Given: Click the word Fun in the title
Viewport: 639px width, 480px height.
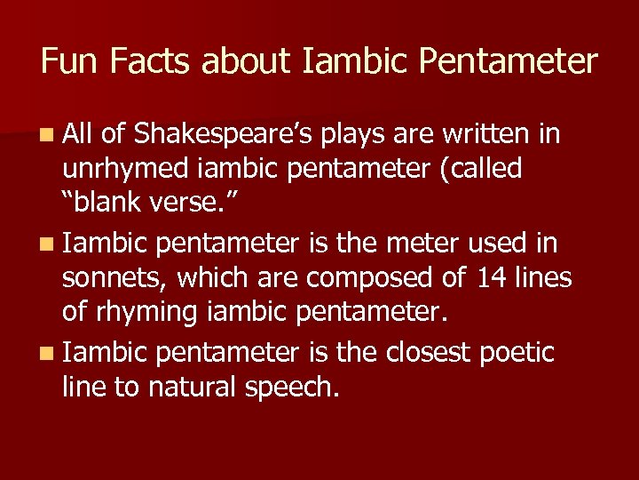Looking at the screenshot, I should pyautogui.click(x=68, y=61).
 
